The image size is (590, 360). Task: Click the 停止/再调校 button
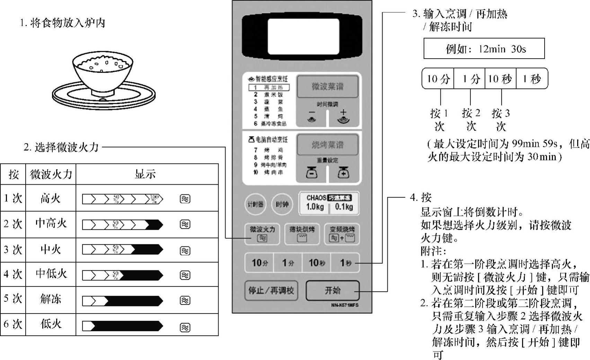pyautogui.click(x=271, y=290)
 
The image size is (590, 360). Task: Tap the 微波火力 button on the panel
pyautogui.click(x=262, y=234)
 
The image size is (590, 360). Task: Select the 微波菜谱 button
pyautogui.click(x=327, y=87)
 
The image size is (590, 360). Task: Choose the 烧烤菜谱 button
pyautogui.click(x=327, y=144)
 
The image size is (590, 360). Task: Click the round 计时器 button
pyautogui.click(x=255, y=204)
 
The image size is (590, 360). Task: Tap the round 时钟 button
pyautogui.click(x=282, y=204)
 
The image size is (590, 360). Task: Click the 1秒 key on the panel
pyautogui.click(x=345, y=263)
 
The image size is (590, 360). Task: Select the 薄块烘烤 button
pyautogui.click(x=302, y=234)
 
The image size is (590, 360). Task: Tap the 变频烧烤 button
pyautogui.click(x=342, y=234)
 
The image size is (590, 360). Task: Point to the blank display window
pyautogui.click(x=303, y=36)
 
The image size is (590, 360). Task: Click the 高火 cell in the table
pyautogui.click(x=51, y=199)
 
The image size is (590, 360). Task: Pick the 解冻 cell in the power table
pyautogui.click(x=51, y=299)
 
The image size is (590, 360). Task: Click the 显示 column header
pyautogui.click(x=146, y=174)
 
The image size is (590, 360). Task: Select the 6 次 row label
pyautogui.click(x=13, y=324)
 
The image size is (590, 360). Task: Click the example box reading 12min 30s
pyautogui.click(x=484, y=49)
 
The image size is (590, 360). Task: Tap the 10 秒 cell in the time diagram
pyautogui.click(x=500, y=79)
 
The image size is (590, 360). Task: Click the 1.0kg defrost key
pyautogui.click(x=315, y=207)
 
